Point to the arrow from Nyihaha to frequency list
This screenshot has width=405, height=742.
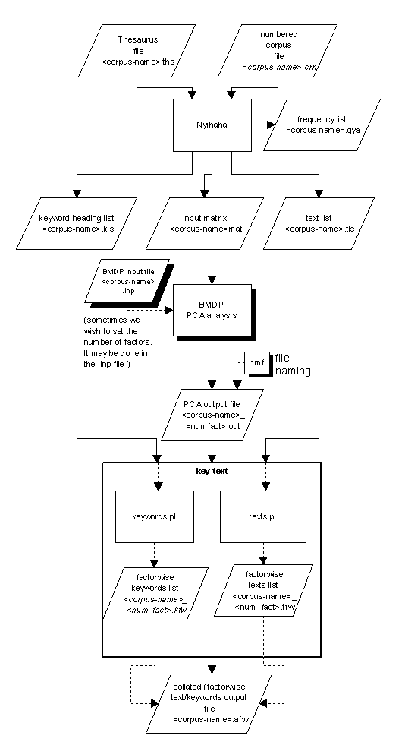point(262,122)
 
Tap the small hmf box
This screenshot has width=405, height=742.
point(256,364)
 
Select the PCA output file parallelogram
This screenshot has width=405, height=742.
point(212,414)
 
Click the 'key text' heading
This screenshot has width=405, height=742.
point(212,472)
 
